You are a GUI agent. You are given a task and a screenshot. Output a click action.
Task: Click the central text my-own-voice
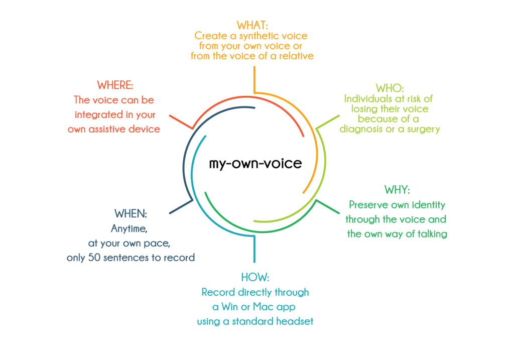[x=255, y=163]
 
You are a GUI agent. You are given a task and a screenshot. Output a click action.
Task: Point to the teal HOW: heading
[x=255, y=277]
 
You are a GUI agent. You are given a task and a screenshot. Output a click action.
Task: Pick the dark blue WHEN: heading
[x=131, y=213]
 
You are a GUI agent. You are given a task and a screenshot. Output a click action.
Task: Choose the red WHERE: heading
[x=115, y=84]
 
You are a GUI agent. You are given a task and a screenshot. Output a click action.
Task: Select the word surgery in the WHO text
[x=422, y=129]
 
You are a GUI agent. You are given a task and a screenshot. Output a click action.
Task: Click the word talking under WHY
[x=433, y=234]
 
